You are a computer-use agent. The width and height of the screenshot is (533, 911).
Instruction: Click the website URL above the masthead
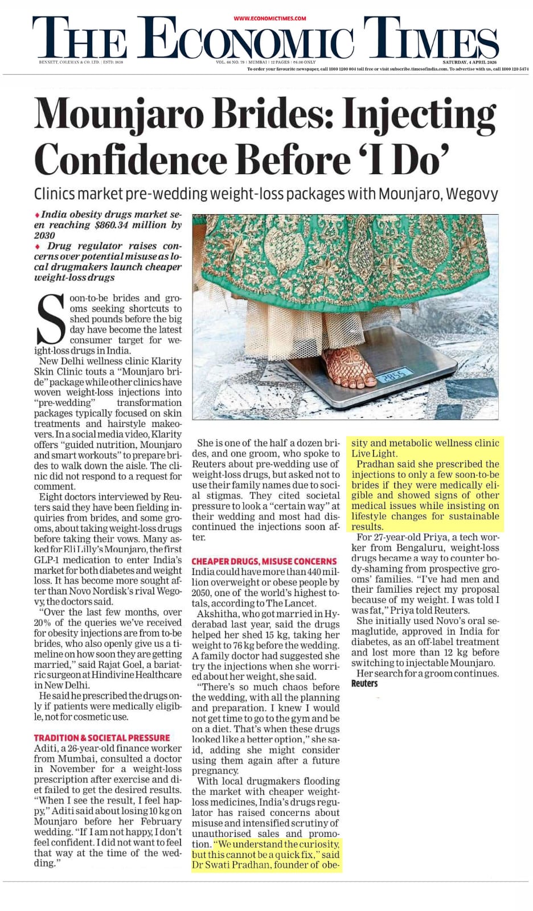[x=270, y=18]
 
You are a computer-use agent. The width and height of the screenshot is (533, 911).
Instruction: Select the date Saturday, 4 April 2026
[x=470, y=62]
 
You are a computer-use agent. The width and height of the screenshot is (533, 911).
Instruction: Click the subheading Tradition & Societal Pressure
[x=102, y=737]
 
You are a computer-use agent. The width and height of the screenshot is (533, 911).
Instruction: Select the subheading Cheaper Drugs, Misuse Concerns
[x=264, y=561]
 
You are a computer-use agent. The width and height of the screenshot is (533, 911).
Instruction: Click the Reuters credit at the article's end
[x=364, y=683]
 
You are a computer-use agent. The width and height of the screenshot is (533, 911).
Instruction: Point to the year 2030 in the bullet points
[x=44, y=235]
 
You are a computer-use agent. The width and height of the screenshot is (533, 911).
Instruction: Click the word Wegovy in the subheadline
[x=472, y=194]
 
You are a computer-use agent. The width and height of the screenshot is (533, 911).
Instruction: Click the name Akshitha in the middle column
[x=215, y=614]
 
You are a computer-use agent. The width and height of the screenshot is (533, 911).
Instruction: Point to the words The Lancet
[x=290, y=603]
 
